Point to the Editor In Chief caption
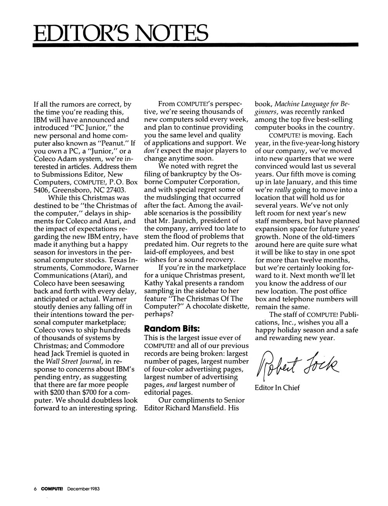[x=277, y=387]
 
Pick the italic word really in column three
[x=282, y=190]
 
